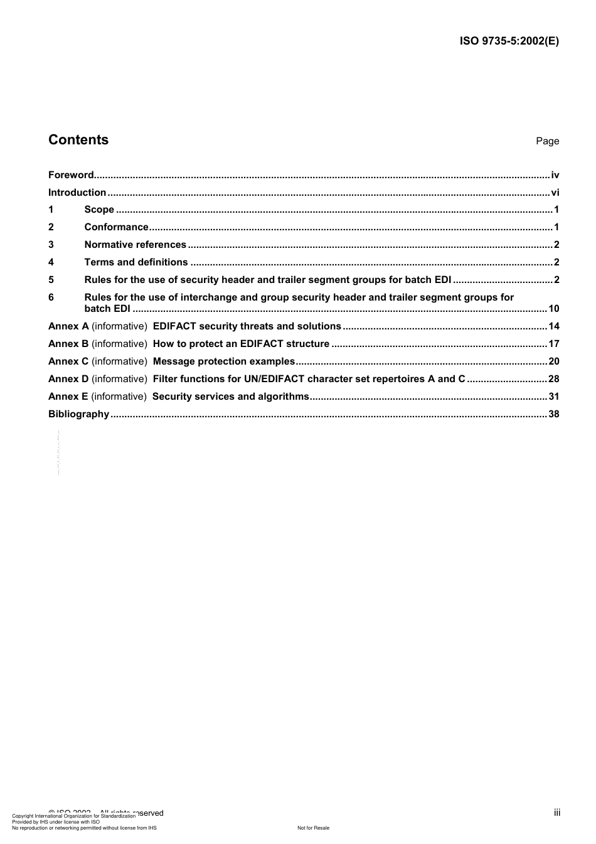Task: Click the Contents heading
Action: tap(78, 140)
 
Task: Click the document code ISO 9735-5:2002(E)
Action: tap(509, 41)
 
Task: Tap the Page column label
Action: tap(547, 141)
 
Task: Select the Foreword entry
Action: tap(71, 175)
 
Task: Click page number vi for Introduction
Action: tap(555, 193)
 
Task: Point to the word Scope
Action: tap(99, 210)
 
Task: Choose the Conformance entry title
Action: tap(116, 227)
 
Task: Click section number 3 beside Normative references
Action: tap(51, 245)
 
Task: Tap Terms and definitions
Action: tap(136, 262)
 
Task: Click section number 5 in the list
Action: tap(51, 280)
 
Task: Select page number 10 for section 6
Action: tap(553, 308)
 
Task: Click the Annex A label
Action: tap(68, 326)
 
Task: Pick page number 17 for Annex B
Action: tap(553, 343)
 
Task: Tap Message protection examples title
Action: tap(223, 361)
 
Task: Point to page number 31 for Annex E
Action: tap(553, 396)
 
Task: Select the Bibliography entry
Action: tap(78, 414)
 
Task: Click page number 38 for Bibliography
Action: tap(553, 414)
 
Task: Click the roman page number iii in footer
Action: tap(556, 813)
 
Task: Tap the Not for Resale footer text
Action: tap(313, 828)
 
